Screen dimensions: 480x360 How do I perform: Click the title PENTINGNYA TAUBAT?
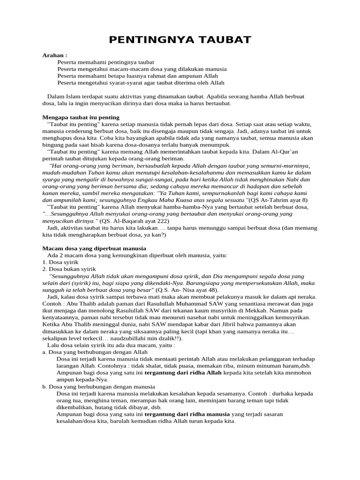point(180,40)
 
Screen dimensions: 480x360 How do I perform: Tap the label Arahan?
point(55,55)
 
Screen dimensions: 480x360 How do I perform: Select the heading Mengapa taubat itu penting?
point(81,117)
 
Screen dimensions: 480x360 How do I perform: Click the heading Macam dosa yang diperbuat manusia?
point(94,248)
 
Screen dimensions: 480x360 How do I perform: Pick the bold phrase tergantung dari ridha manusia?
point(187,414)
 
